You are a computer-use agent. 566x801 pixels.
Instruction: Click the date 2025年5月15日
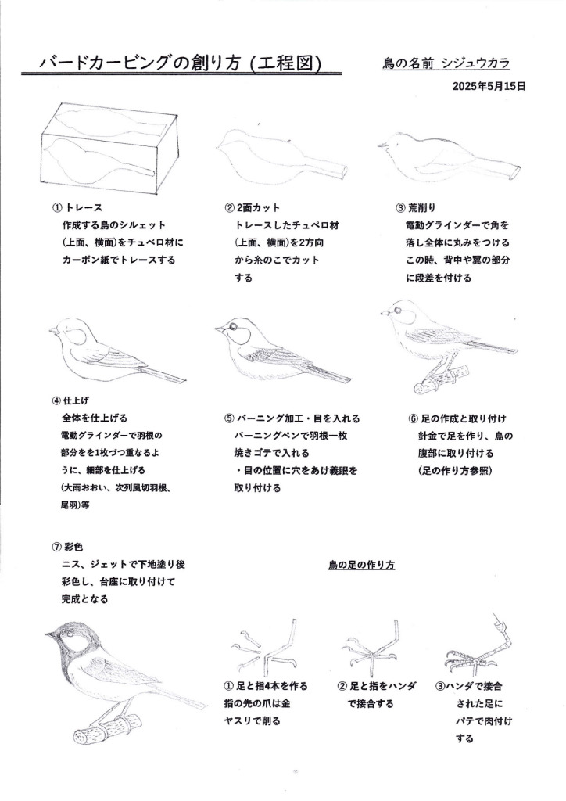tap(489, 87)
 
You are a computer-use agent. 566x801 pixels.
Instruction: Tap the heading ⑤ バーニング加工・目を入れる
tap(292, 418)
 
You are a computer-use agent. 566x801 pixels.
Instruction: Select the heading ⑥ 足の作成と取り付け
tap(458, 418)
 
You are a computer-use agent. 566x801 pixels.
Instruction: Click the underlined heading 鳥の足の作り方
tap(361, 563)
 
